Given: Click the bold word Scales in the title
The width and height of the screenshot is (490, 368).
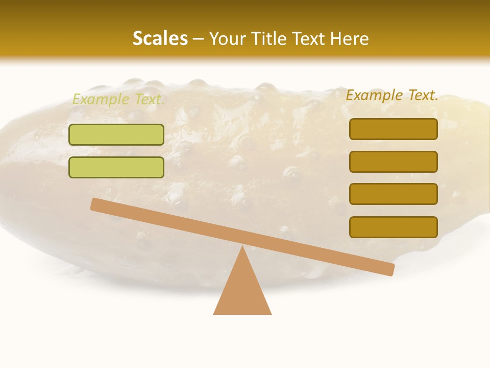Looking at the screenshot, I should click(x=160, y=38).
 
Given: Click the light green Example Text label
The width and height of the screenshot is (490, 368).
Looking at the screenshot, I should click(x=118, y=99).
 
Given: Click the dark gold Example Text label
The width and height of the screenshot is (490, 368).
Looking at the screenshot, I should click(x=392, y=95).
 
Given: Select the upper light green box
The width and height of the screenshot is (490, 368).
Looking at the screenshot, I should click(x=116, y=135).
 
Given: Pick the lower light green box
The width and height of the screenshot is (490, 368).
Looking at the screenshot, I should click(x=116, y=168).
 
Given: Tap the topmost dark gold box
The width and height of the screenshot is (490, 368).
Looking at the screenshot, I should click(x=394, y=129).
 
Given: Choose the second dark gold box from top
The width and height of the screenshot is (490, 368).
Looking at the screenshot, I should click(x=394, y=162).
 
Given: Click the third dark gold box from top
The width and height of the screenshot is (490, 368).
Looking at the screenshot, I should click(x=394, y=194).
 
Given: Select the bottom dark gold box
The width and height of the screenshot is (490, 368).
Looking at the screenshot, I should click(x=394, y=227).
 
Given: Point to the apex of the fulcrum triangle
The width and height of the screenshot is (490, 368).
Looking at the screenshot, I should click(x=242, y=248).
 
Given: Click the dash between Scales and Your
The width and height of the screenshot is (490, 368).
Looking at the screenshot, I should click(x=199, y=39).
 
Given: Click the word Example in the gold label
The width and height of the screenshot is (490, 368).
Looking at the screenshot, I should click(x=374, y=95).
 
